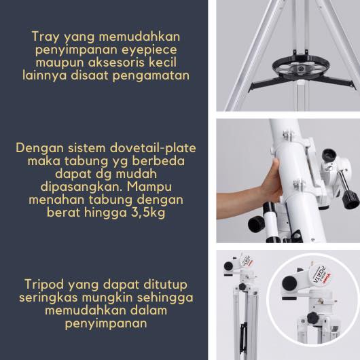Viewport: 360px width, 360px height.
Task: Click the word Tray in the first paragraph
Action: tap(46, 37)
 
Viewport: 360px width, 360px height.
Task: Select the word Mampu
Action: tap(149, 187)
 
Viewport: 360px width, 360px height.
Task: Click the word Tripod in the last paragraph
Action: tap(43, 285)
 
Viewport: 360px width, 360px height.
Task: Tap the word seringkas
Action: tap(48, 298)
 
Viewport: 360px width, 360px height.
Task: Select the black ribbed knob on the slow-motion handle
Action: tap(350, 200)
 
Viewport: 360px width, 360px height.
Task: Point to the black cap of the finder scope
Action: tap(257, 224)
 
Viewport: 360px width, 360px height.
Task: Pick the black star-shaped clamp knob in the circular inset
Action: tap(312, 318)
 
